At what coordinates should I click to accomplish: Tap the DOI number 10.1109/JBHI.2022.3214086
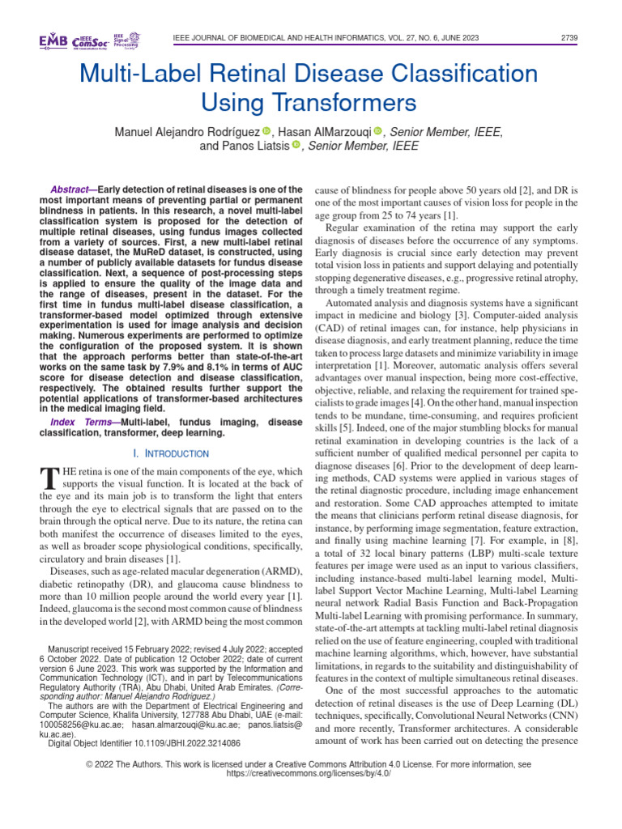click(x=184, y=742)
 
